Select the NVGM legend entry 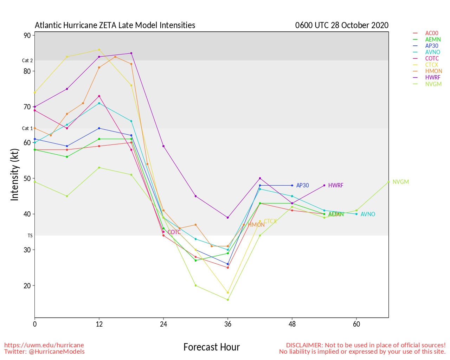coord(433,84)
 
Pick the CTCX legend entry coord(431,65)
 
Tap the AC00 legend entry coord(431,33)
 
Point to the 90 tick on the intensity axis coord(27,36)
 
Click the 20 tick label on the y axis coord(27,286)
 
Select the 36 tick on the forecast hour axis coord(228,324)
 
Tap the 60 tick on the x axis coord(356,324)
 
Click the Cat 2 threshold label coord(27,61)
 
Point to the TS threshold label coord(30,236)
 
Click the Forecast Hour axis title coord(212,347)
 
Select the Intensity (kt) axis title coord(15,175)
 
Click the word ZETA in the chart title coord(108,25)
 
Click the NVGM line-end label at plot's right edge coord(401,182)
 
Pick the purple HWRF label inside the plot coord(335,186)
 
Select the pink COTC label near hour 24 coord(174,232)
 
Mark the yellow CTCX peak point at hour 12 coord(99,50)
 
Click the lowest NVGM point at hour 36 coord(228,300)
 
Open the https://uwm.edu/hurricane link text coord(44,345)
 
